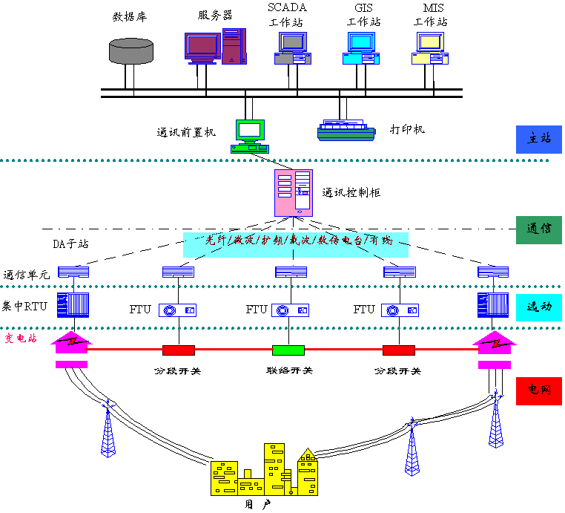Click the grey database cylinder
click(x=131, y=50)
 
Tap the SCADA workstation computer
click(x=294, y=50)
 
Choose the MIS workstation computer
click(x=430, y=50)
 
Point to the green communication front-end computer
click(x=249, y=135)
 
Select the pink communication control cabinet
click(x=294, y=192)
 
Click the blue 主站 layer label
click(x=538, y=139)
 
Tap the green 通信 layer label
click(x=538, y=229)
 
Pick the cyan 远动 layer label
click(x=538, y=306)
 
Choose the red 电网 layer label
click(x=538, y=388)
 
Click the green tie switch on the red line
click(x=288, y=350)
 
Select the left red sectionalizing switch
click(x=179, y=350)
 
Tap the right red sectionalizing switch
click(x=398, y=350)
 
